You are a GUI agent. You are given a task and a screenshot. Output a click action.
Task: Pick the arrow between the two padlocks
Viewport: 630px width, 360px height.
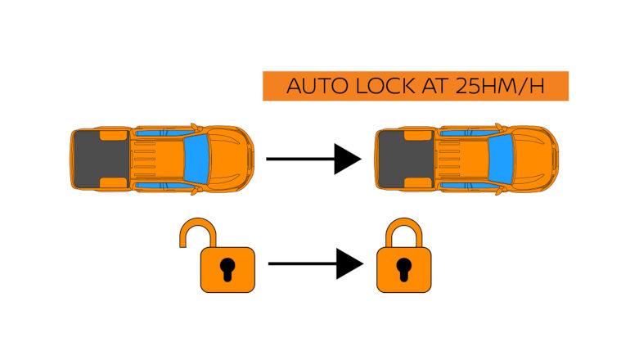click(x=315, y=263)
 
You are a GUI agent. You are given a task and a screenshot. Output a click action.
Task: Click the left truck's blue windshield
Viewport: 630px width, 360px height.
click(x=196, y=158)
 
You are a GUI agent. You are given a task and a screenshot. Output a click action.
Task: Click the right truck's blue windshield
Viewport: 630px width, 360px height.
click(x=500, y=158)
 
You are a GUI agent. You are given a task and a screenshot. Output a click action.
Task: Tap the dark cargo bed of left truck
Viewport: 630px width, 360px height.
click(x=99, y=158)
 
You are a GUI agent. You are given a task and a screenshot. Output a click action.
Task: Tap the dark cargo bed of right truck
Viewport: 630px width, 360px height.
click(x=403, y=158)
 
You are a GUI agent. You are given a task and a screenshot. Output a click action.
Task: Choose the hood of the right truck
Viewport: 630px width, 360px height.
click(x=537, y=158)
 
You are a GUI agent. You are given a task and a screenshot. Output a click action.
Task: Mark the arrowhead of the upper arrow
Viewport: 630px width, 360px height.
click(x=349, y=157)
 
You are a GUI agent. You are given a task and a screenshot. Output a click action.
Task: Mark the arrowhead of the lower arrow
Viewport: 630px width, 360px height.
click(x=350, y=263)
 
